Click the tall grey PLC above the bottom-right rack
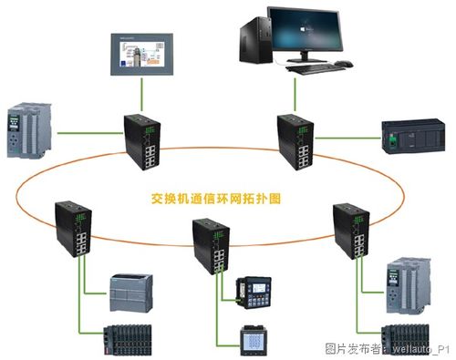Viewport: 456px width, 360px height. click(405, 283)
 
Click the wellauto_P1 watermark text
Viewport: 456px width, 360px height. click(416, 349)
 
